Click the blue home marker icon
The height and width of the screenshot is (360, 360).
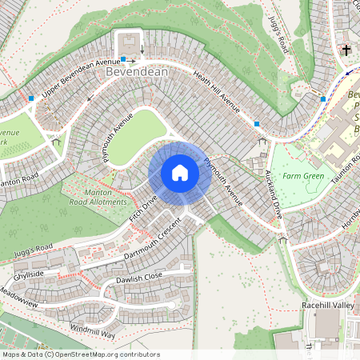click(x=180, y=172)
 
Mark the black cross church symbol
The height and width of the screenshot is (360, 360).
click(x=346, y=50)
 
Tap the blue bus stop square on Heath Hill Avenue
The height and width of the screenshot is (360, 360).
click(x=257, y=124)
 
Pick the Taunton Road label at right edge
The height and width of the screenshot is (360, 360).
click(x=354, y=168)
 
